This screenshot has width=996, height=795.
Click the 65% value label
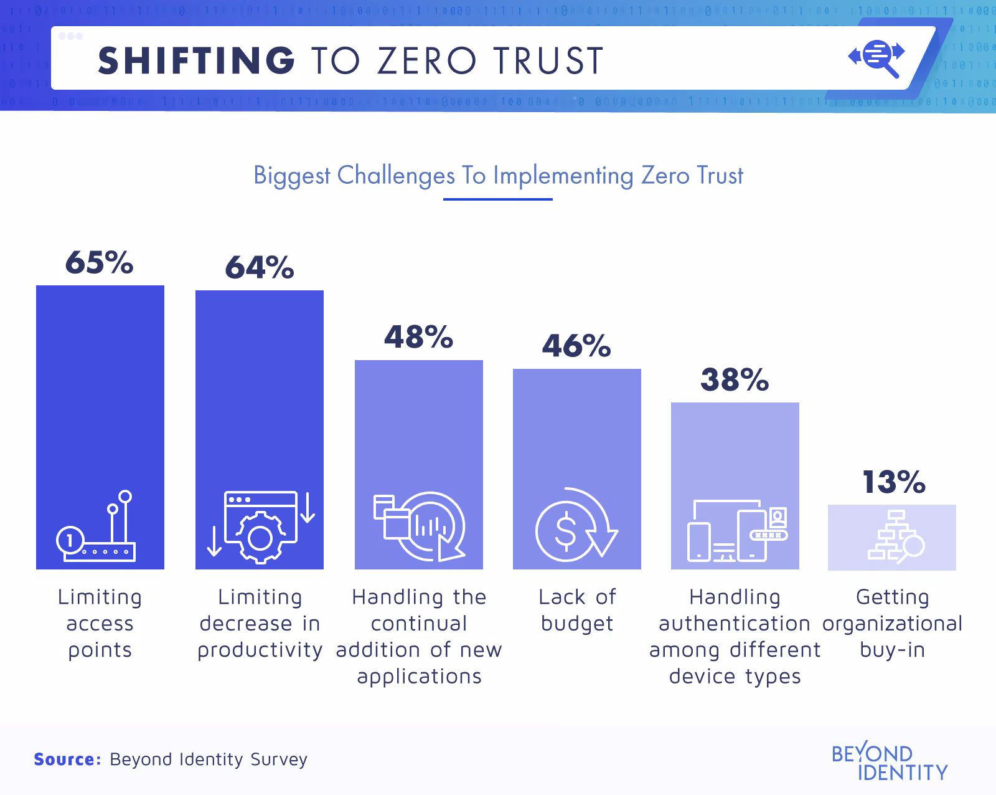[x=100, y=262]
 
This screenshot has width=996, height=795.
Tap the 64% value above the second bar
[x=260, y=267]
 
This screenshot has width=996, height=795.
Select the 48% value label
[x=418, y=337]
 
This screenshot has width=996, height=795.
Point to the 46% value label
[x=576, y=346]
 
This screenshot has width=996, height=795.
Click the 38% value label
[x=735, y=379]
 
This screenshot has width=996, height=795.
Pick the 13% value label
[x=894, y=482]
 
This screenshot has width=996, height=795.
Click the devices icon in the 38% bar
[x=736, y=531]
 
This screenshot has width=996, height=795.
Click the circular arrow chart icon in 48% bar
[x=420, y=526]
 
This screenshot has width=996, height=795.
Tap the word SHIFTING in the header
[x=196, y=61]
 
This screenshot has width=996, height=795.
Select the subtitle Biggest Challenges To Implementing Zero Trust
[x=498, y=176]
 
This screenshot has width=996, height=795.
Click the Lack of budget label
[x=577, y=610]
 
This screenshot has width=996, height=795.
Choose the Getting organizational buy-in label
[x=892, y=623]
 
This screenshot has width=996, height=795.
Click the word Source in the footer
[x=67, y=759]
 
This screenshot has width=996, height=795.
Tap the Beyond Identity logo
[x=889, y=763]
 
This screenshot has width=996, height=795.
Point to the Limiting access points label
[x=100, y=623]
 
